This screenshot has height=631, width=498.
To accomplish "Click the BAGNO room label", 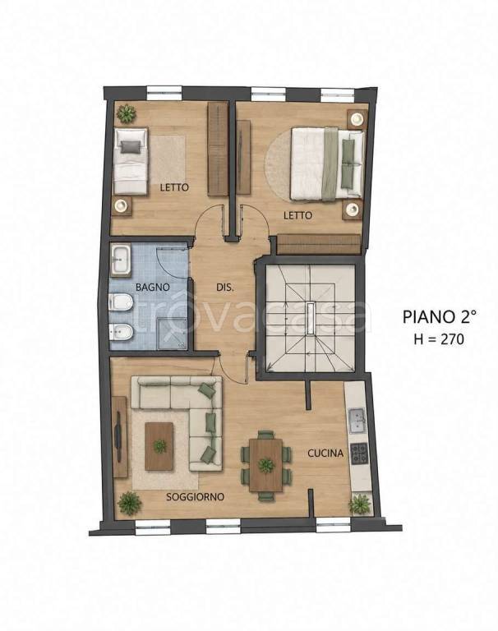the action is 153,288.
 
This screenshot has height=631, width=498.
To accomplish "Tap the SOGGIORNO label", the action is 196,497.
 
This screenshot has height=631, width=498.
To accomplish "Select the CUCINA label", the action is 325,454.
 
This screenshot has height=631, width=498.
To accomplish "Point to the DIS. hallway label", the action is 225,288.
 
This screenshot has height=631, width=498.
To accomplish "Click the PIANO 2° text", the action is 439,316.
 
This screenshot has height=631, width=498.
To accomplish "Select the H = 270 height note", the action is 439,339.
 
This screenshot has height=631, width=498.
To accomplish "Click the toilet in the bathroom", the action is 120,302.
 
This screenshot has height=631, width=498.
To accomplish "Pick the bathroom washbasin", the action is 120,260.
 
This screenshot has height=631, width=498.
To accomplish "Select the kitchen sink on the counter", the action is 357,421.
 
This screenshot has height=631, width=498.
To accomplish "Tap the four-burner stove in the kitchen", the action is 359,453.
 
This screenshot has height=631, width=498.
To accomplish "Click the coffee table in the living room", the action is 159,446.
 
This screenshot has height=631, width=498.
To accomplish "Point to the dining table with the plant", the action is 265,465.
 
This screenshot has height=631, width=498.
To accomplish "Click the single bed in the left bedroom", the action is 131,161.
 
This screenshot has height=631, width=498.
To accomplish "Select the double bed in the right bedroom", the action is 328,164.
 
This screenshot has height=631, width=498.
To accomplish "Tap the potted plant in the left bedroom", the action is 127,113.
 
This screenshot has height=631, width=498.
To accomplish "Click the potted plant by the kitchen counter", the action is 360,504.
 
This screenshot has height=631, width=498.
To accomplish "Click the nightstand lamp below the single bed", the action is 121,206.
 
